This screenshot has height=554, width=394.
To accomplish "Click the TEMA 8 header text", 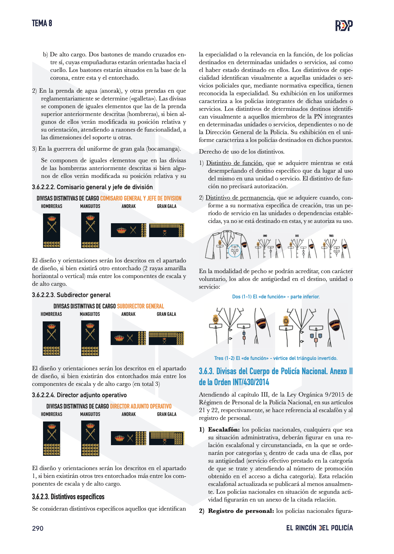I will pos(42,23).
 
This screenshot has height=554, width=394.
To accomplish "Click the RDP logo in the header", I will pos(344,25).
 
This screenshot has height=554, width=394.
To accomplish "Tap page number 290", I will pos(38,528).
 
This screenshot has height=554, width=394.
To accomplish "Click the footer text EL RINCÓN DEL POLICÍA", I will pos(319,528).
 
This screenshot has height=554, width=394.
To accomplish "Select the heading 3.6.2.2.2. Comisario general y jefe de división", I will pos(92,187).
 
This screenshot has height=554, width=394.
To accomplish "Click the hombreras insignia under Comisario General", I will pos(51,231).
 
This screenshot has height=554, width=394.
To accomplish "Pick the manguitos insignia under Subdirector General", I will pos(90,338).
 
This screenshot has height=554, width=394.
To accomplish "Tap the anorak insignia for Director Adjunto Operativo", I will pos(128,438).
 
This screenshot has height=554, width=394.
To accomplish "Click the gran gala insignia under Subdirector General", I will pos(166,338).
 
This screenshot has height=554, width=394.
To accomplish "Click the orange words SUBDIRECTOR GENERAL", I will pos(140,306).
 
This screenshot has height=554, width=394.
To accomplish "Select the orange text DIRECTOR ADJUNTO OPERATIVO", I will pos(141,406).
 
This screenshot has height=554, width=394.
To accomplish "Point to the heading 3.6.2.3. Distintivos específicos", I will pos(68,497).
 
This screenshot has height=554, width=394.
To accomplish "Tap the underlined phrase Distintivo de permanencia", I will pos(240,198).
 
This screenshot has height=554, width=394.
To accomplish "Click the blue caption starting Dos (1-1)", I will pos(276,296).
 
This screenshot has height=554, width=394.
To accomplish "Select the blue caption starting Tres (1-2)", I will pos(276,358).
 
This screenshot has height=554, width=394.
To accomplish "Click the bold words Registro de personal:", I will pos(241,511).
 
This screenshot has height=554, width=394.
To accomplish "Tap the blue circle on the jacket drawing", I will pos(235,250).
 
